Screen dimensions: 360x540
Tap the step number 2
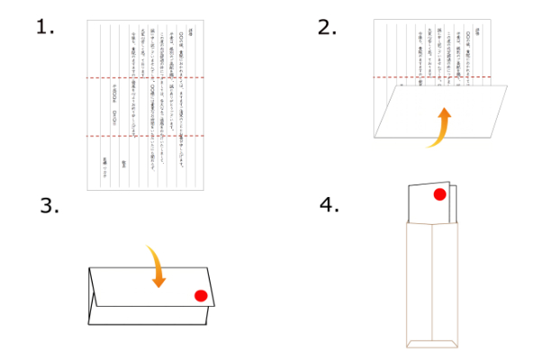327,26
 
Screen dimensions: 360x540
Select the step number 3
50,205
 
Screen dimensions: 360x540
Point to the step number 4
329,204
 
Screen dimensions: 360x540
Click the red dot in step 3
201,295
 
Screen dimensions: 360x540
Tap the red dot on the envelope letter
439,194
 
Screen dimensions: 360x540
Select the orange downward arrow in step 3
157,267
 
